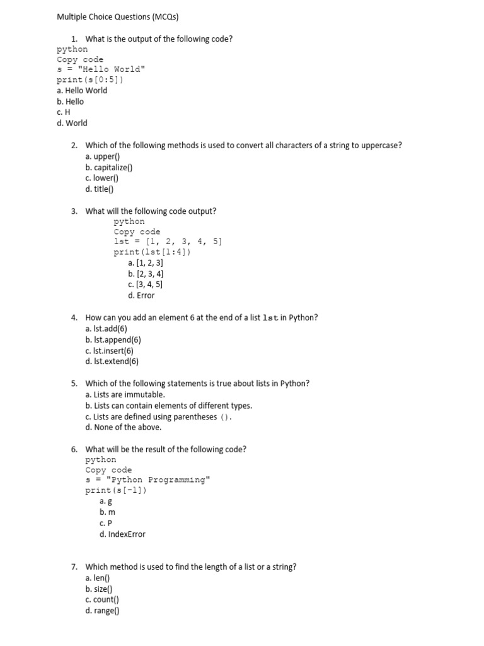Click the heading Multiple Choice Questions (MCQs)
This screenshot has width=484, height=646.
click(113, 17)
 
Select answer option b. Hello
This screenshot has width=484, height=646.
click(70, 102)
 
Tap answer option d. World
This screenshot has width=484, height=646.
click(72, 123)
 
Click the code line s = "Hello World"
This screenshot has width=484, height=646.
click(101, 69)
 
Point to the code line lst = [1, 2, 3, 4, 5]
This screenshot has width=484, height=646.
click(168, 242)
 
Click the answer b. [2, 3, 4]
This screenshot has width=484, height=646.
click(146, 274)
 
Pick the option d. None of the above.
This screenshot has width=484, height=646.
click(124, 427)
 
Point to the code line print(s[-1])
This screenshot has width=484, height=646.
click(116, 490)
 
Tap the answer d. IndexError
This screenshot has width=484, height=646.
click(122, 534)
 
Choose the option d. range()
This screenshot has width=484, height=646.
click(102, 611)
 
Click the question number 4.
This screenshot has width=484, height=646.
click(74, 318)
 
